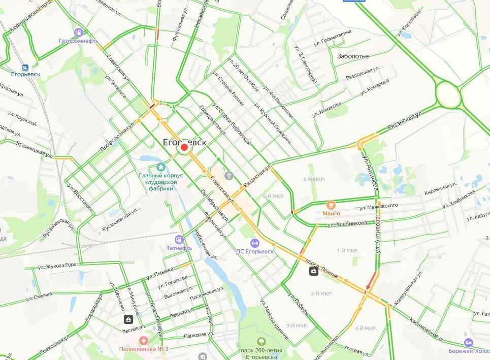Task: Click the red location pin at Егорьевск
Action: tap(184, 147)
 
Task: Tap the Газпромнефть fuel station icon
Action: tap(78, 32)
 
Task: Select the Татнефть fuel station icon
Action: tap(179, 239)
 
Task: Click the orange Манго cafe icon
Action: tap(331, 205)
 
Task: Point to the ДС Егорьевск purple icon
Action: tap(255, 243)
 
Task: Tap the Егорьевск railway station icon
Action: tap(24, 67)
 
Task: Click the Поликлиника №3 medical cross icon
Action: tap(144, 340)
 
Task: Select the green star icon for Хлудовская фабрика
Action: tap(161, 166)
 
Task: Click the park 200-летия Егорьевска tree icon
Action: tap(262, 342)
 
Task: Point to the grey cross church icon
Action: tap(229, 176)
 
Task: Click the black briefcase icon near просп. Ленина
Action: tap(314, 271)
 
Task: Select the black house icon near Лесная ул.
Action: tap(128, 319)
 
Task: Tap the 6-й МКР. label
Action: tap(313, 179)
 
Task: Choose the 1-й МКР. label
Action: tap(347, 251)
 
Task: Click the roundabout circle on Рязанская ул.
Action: tap(448, 94)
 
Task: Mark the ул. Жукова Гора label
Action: tap(57, 266)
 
